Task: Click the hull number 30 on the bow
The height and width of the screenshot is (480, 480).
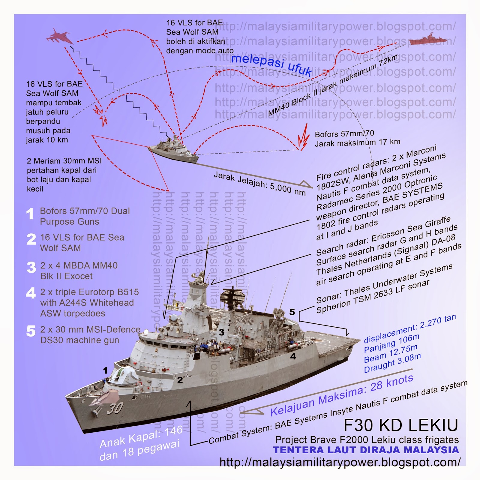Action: tap(115, 408)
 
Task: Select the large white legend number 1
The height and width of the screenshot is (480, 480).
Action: tap(30, 214)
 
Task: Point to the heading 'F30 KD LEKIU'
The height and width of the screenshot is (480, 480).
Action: tap(401, 425)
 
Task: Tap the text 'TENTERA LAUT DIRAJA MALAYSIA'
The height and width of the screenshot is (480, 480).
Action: tap(366, 450)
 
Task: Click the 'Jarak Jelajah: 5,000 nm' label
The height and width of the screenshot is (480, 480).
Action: tap(259, 183)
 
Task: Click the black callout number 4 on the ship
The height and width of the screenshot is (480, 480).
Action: tap(293, 356)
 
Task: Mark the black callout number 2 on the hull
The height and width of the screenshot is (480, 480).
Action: tap(180, 380)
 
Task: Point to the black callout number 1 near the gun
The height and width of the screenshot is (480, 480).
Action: tap(105, 370)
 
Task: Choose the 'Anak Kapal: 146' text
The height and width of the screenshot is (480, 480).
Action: tap(141, 436)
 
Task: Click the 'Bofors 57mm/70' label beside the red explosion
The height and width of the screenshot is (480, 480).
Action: tap(344, 134)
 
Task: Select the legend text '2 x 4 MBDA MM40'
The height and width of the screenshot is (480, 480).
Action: tap(79, 265)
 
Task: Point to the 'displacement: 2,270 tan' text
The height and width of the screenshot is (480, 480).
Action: tap(409, 329)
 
